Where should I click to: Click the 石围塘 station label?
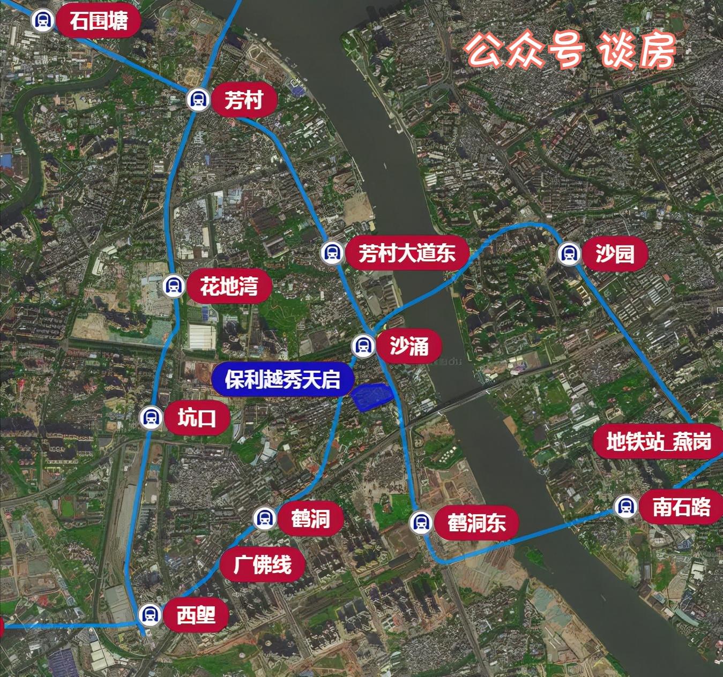99,21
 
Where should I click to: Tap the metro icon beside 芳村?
198,100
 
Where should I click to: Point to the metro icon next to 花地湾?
173,286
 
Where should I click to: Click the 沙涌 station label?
409,347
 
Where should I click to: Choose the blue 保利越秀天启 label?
282,379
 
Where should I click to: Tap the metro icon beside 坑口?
151,417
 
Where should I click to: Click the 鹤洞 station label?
310,518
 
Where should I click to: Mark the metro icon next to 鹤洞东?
421,522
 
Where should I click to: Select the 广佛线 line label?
262,565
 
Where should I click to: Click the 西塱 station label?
196,614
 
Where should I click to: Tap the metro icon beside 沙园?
569,253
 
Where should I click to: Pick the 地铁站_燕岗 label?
658,442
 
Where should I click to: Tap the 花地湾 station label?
229,286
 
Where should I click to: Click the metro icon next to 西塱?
150,614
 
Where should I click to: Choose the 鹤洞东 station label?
476,522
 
